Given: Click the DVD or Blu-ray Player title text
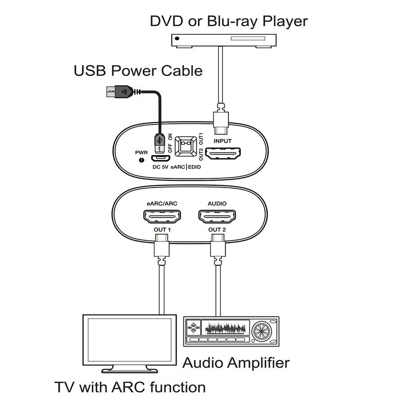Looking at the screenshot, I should (x=229, y=21).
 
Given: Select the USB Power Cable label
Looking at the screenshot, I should (x=138, y=71).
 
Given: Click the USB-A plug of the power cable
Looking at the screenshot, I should (x=117, y=92).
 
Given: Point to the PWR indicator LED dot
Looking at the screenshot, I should (x=142, y=160).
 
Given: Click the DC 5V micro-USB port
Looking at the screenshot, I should (x=160, y=159).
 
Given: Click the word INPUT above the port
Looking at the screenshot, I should (x=222, y=141).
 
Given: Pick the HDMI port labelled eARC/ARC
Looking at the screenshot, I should (x=162, y=217).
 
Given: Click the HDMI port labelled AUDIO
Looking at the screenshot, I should (x=217, y=217).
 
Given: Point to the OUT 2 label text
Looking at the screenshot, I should (x=217, y=230).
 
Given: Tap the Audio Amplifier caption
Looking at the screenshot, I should (x=236, y=362).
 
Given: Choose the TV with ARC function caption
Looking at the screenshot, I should (x=130, y=387).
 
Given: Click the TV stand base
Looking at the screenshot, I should (x=130, y=370).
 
